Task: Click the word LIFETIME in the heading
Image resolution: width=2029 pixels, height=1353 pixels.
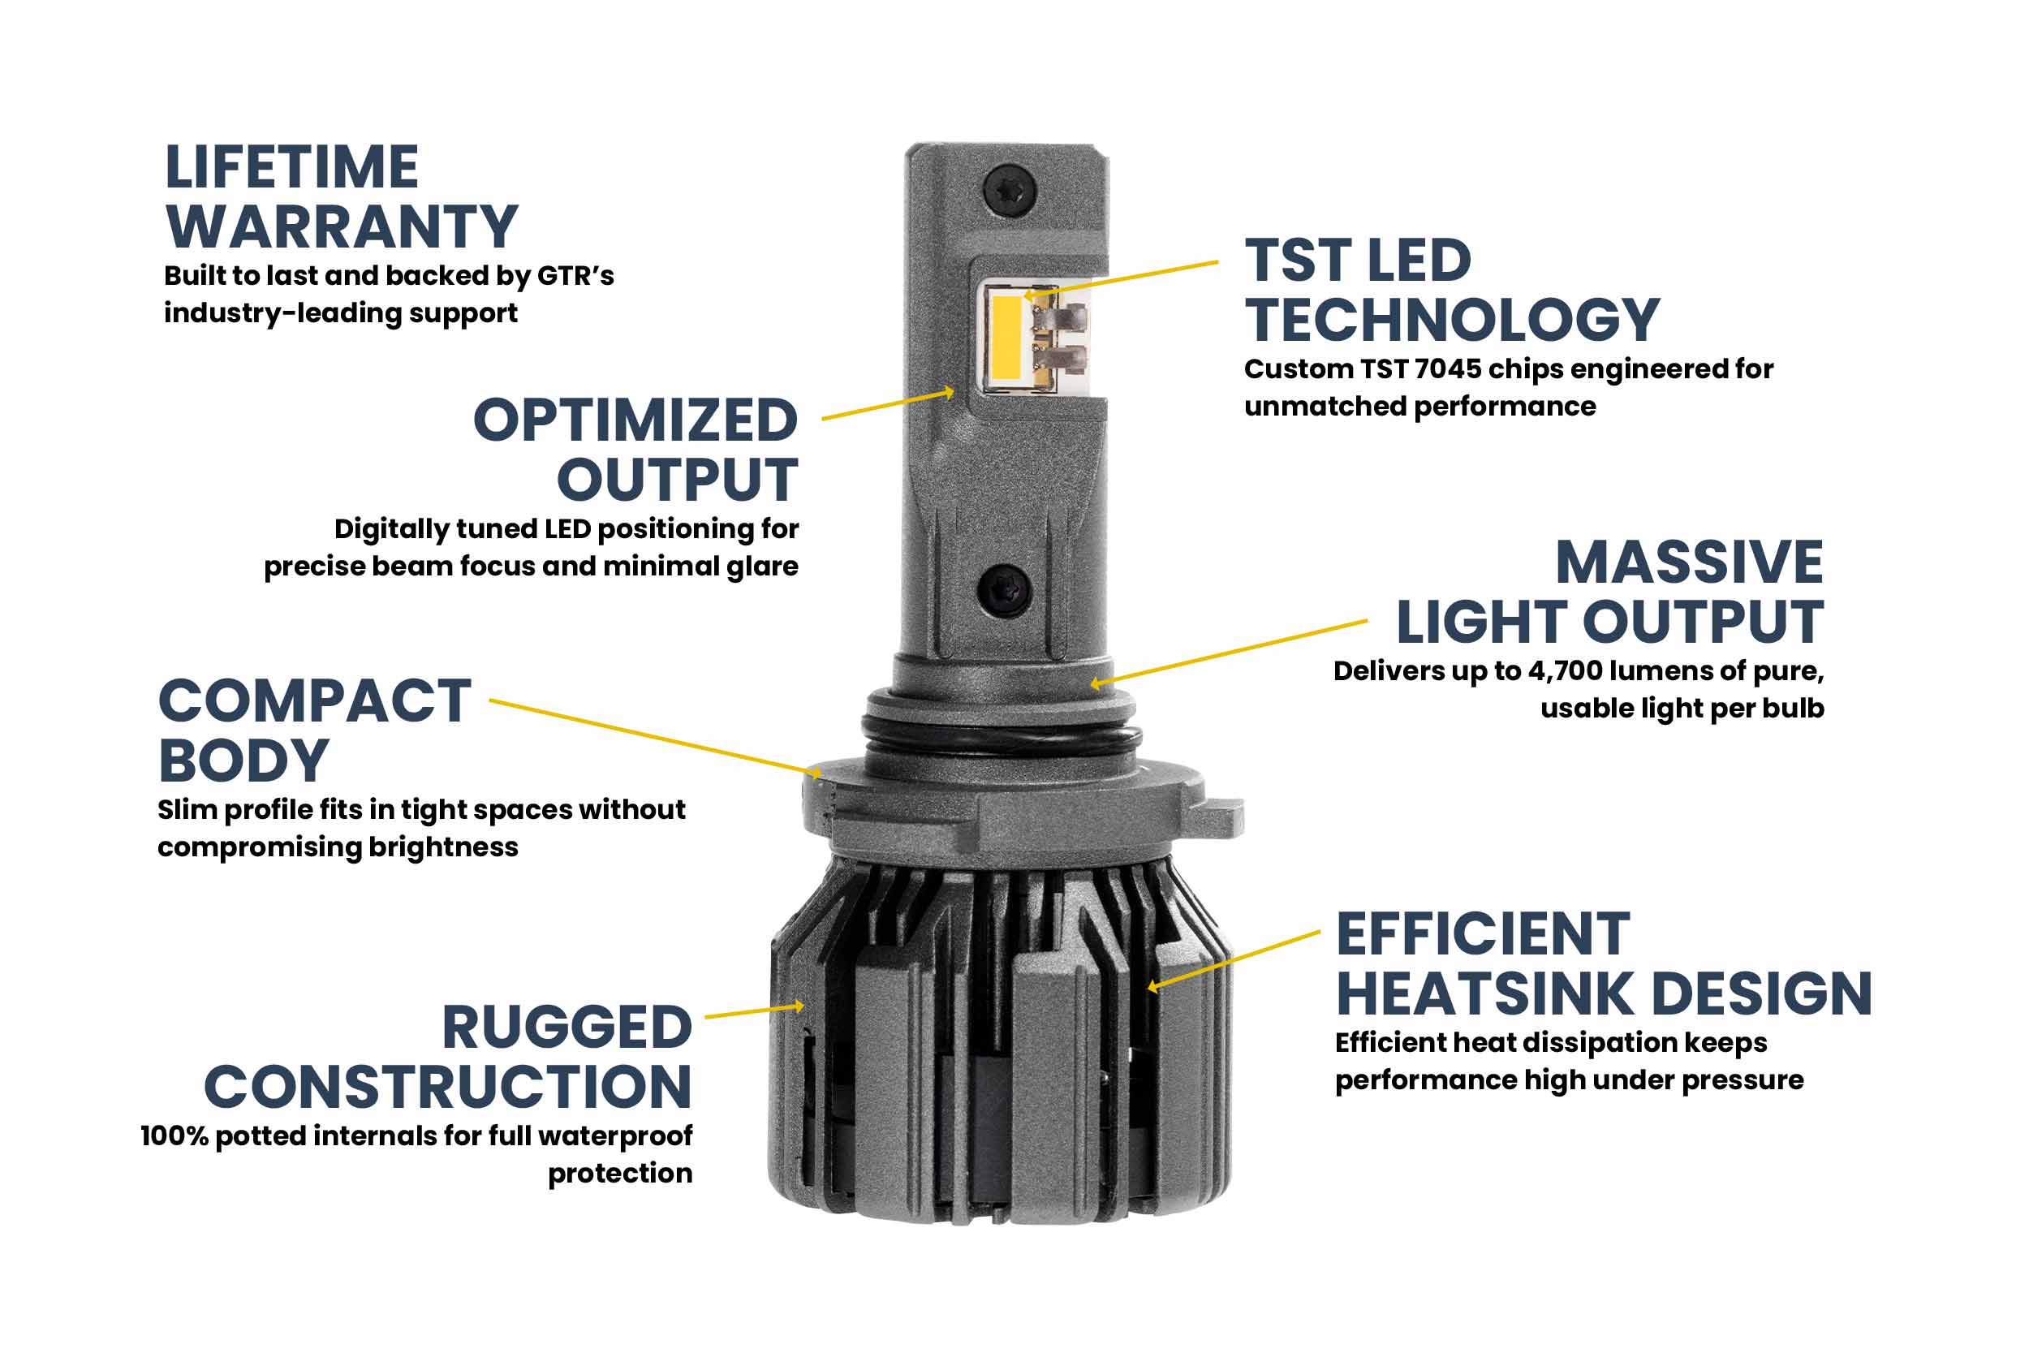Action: click(x=291, y=167)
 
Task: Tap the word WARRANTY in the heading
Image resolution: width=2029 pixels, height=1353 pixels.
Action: click(x=342, y=227)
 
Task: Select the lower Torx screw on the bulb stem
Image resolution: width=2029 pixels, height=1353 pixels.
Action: click(x=1004, y=590)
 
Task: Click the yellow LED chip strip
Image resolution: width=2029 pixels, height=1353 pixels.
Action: click(x=1006, y=338)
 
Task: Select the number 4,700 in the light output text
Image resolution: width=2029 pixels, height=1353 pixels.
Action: click(x=1565, y=671)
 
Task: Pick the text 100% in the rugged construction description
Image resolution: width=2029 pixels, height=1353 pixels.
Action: click(x=174, y=1135)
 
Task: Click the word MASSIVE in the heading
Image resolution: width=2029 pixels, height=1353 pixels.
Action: click(x=1688, y=562)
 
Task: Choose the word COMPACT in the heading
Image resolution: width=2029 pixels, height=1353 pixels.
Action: click(x=315, y=700)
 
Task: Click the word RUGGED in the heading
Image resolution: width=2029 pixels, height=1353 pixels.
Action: click(x=566, y=1028)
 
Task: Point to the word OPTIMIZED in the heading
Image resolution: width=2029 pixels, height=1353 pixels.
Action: click(x=635, y=420)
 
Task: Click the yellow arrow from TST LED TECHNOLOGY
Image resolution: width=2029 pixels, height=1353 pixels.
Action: click(x=1122, y=278)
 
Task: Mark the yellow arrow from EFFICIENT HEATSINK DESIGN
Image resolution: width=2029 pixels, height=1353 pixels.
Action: click(x=1234, y=959)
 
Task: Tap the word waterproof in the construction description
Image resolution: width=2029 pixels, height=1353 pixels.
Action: click(x=603, y=1135)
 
